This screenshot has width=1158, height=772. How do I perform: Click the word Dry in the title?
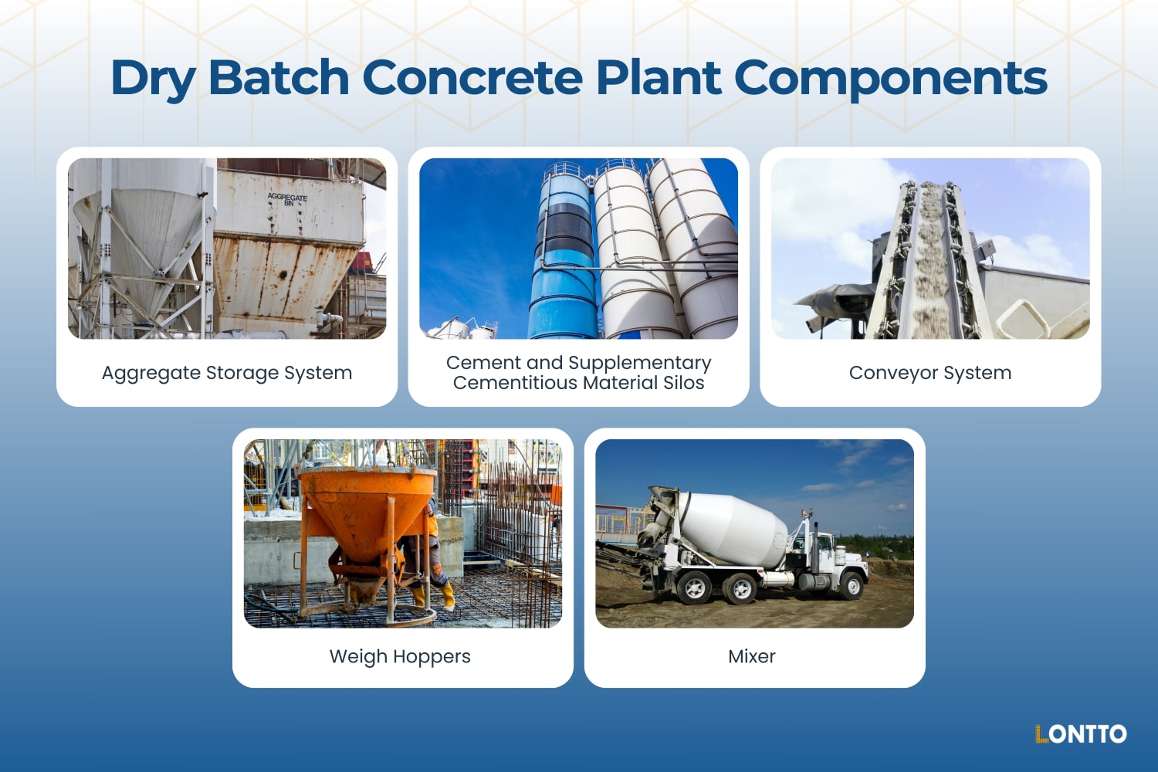[153, 80]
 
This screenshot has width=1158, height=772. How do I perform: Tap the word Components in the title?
[889, 80]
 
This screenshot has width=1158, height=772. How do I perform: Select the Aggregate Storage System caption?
[227, 373]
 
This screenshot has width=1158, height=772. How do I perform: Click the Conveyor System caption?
[929, 373]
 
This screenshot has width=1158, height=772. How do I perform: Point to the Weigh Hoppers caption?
[400, 656]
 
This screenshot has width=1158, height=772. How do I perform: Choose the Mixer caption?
[751, 656]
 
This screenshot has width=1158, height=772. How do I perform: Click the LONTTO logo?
[1080, 733]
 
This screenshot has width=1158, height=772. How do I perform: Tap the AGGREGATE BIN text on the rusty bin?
[287, 199]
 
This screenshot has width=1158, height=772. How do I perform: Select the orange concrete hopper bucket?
[366, 510]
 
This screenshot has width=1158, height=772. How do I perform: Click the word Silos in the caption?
[683, 383]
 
